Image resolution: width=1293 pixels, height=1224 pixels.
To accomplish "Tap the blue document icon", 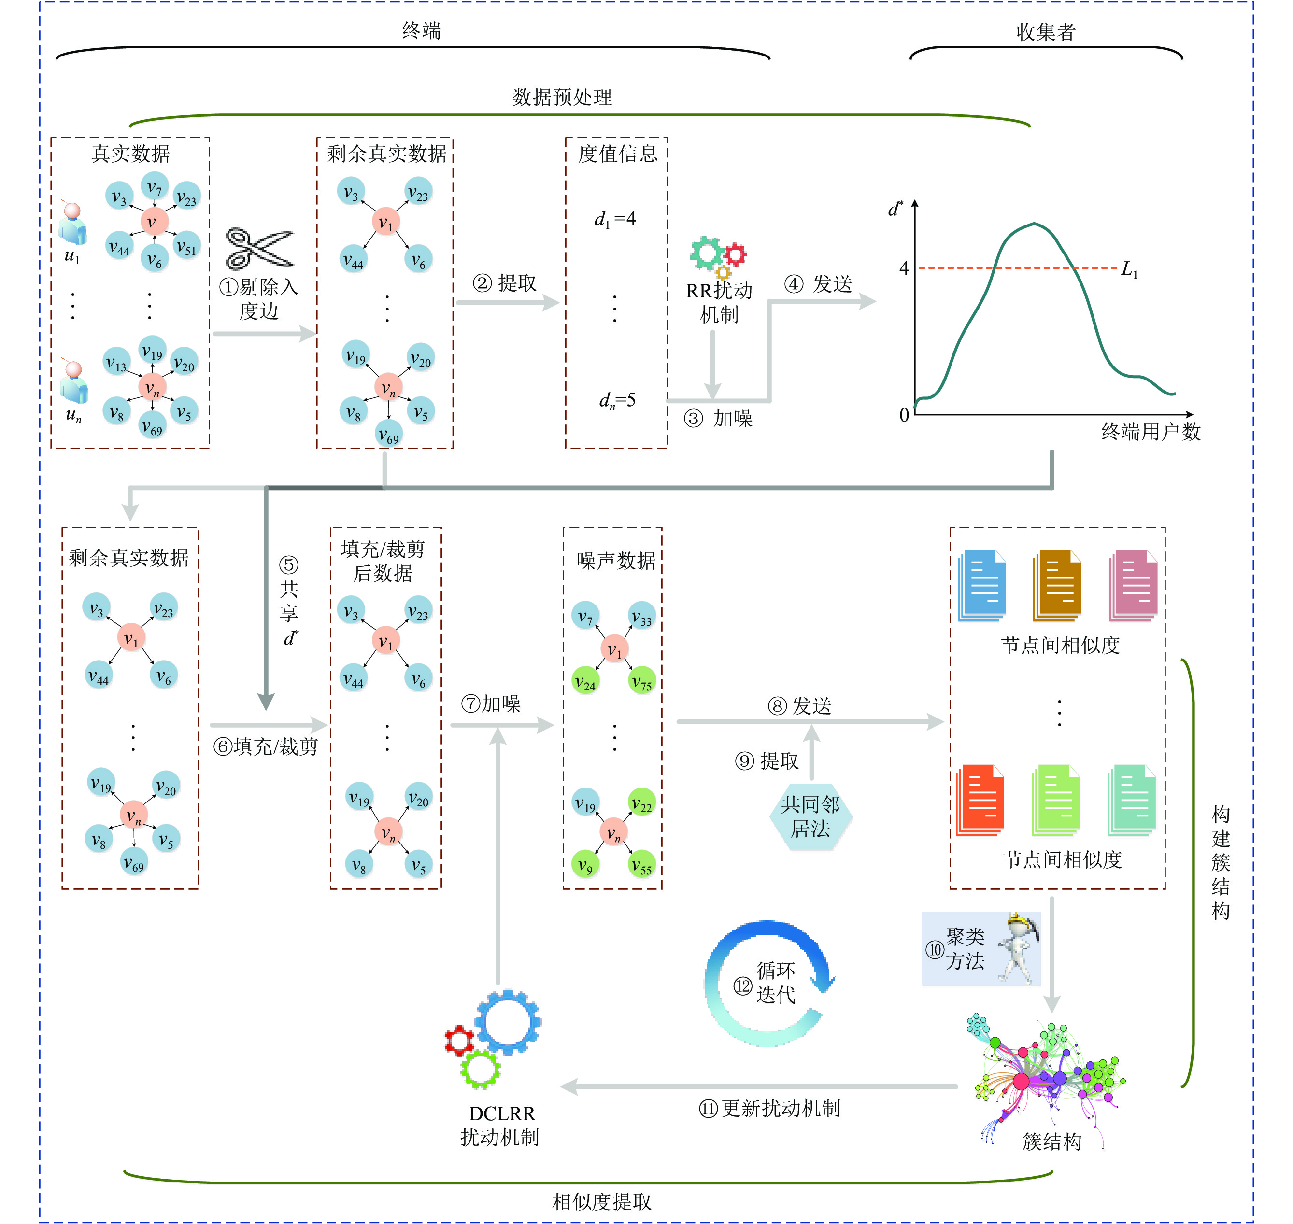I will [981, 585].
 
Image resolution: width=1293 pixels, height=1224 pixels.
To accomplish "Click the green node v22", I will [641, 803].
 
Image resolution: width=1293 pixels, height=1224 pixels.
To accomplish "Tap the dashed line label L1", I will [1129, 269].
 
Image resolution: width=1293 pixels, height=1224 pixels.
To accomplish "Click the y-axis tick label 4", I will [904, 268].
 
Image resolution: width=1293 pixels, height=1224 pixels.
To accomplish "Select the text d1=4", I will [615, 219].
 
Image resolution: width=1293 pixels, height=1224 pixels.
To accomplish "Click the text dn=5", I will [617, 400].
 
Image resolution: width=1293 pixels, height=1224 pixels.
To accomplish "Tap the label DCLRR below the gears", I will [501, 1113].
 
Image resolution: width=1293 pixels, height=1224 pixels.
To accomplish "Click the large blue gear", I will [508, 1022].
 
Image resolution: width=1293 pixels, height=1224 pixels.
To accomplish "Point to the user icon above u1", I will [72, 223].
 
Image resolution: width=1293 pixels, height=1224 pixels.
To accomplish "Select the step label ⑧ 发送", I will [799, 705].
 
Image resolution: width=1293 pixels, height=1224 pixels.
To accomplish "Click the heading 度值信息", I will [617, 154].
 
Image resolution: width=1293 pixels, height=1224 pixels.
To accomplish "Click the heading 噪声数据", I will [615, 560].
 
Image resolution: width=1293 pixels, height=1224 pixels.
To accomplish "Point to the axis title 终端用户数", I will [1150, 431].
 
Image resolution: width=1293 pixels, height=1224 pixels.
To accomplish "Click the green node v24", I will [585, 682].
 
